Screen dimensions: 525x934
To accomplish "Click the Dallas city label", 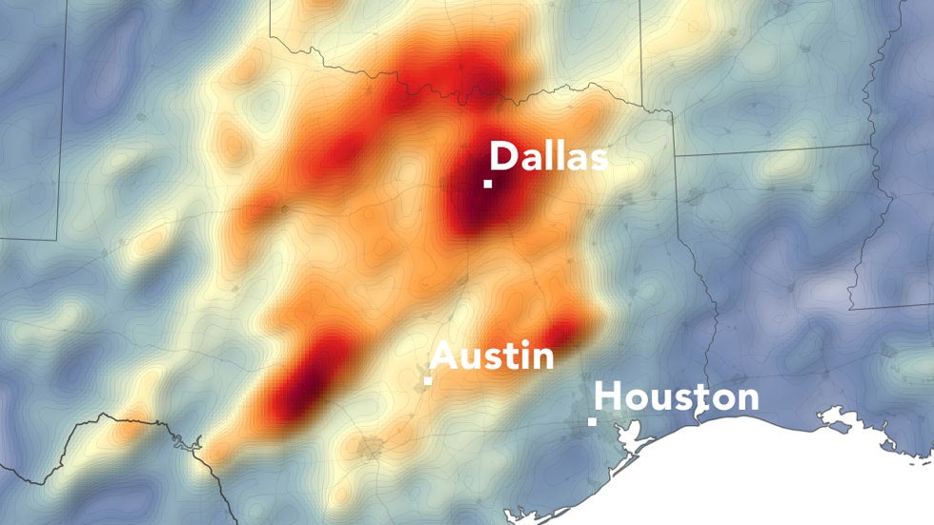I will [548, 156].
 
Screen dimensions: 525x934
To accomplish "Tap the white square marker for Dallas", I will [488, 184].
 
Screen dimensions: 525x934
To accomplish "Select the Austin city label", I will [492, 357].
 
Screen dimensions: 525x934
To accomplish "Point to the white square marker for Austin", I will [429, 381].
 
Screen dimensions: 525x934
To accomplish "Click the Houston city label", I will [678, 396].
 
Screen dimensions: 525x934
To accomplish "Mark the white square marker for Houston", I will [593, 420].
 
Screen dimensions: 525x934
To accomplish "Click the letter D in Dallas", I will [504, 156].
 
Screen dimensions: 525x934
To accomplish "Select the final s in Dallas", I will [597, 159].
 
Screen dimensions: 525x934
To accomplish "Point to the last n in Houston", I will [747, 399].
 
